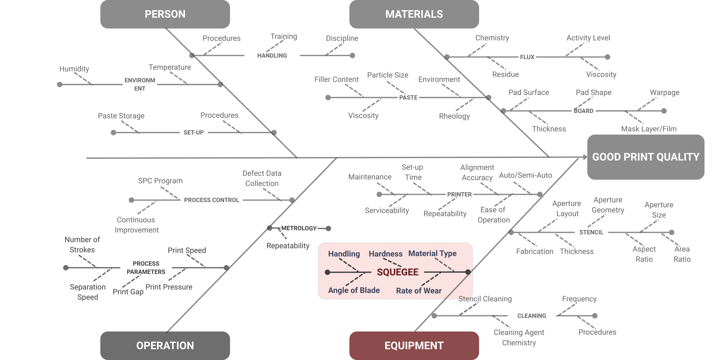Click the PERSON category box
[x=165, y=14]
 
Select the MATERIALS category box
[x=414, y=14]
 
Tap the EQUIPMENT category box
[x=414, y=345]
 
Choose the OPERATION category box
[x=165, y=345]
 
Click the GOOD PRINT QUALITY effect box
[x=646, y=157]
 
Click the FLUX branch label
[x=527, y=57]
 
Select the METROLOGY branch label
[x=299, y=228]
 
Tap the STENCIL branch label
[x=591, y=232]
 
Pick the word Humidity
[x=74, y=69]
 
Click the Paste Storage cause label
[x=121, y=116]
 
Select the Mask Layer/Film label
[x=649, y=129]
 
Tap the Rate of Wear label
[x=419, y=291]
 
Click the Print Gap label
[x=128, y=292]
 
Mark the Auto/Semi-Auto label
[x=525, y=175]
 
